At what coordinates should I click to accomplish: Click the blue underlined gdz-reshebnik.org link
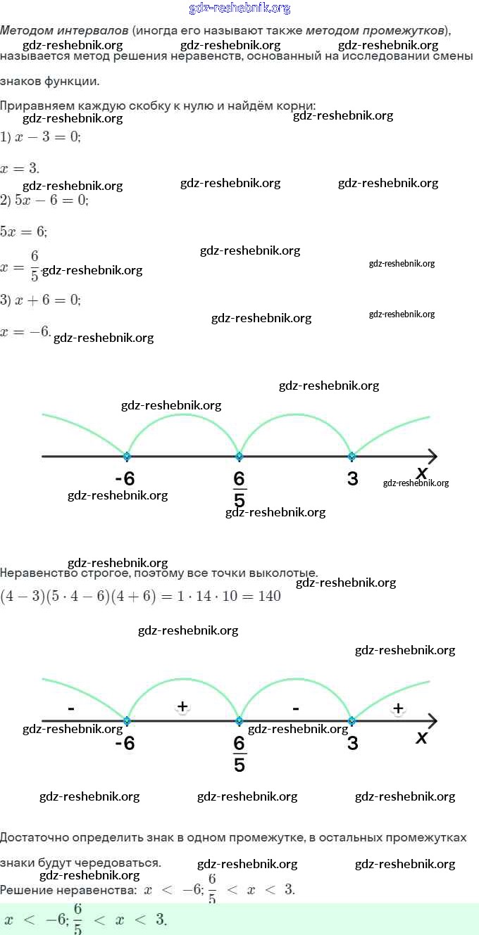(x=240, y=8)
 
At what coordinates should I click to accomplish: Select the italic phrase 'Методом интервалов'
(x=64, y=31)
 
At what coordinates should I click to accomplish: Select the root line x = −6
(x=25, y=331)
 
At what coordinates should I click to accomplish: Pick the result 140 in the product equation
(x=269, y=597)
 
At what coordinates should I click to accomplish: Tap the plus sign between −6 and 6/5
(x=182, y=706)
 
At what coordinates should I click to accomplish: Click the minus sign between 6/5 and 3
(x=296, y=707)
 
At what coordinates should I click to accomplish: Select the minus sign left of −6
(x=71, y=707)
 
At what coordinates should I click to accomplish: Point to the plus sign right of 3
(x=398, y=708)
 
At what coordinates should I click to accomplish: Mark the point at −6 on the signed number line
(x=127, y=721)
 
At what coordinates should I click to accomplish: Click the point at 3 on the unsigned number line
(x=352, y=456)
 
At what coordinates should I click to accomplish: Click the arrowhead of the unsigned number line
(x=432, y=456)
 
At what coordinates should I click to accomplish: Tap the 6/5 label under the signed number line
(x=240, y=753)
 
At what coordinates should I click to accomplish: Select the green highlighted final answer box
(x=240, y=919)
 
